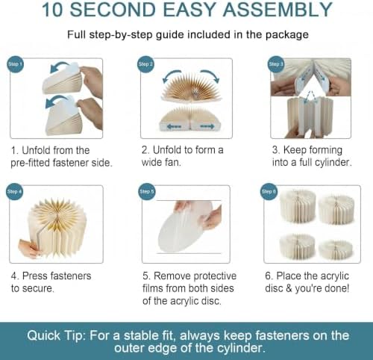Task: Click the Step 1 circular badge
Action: tap(15, 64)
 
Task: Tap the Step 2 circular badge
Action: tap(145, 64)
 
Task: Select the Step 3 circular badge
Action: tap(275, 64)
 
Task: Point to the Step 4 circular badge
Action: tap(14, 191)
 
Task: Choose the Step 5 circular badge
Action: tap(147, 191)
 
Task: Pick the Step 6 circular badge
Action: tap(269, 191)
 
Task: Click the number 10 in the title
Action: tap(52, 10)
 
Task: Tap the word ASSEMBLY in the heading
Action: tap(278, 10)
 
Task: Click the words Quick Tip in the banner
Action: tap(54, 336)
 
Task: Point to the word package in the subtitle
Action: tap(287, 35)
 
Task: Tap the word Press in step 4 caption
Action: tap(35, 276)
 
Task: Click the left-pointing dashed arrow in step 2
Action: tap(174, 126)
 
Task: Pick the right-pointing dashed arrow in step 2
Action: tap(207, 126)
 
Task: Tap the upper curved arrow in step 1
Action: tap(59, 65)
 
